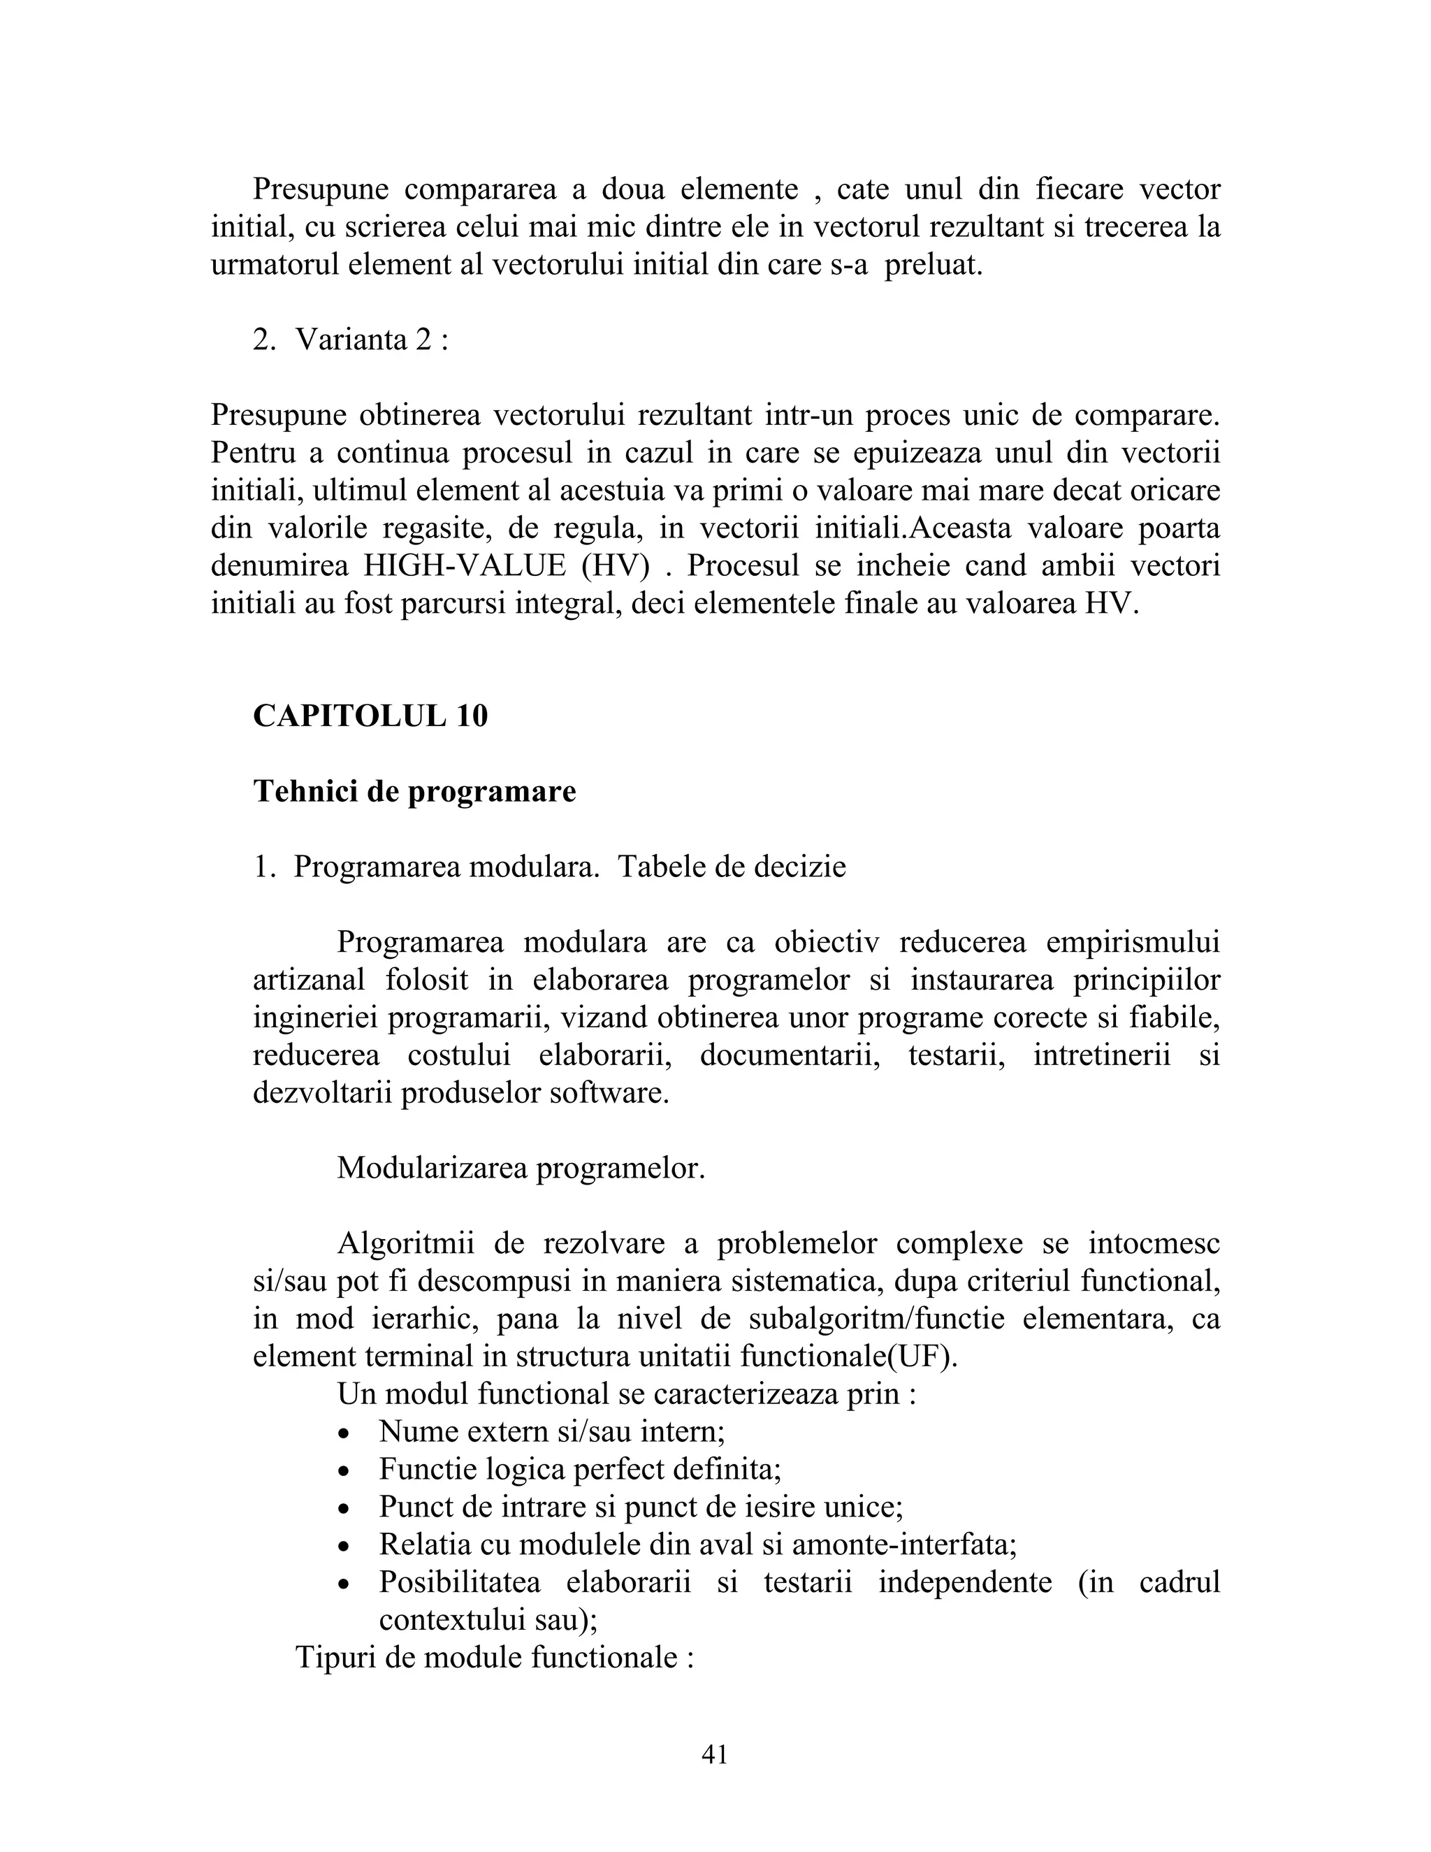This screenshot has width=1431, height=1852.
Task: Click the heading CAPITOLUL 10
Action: click(370, 716)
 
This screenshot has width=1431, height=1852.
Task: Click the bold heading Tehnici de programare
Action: click(414, 791)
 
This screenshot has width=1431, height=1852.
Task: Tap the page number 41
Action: click(715, 1754)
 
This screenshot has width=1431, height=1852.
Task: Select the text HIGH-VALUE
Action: click(465, 565)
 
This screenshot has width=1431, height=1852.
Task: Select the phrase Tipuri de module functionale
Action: click(494, 1658)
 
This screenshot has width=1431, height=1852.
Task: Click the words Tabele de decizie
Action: click(732, 867)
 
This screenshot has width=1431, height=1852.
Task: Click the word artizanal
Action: click(309, 981)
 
